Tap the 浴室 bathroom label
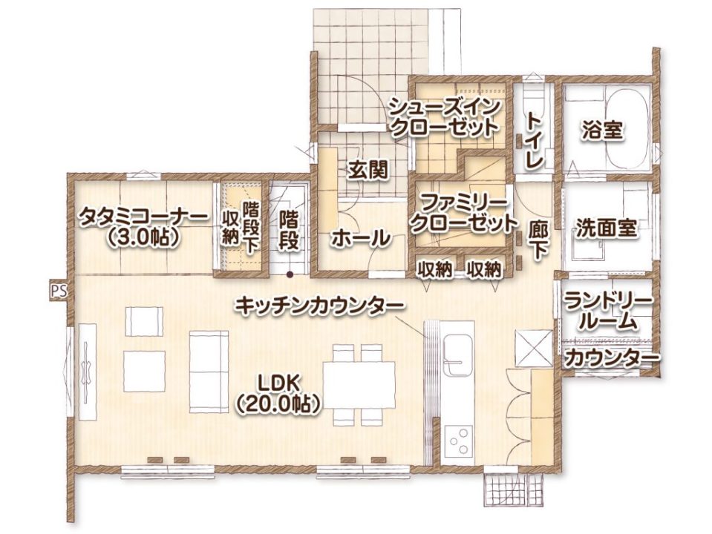602,131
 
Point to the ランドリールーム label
607,311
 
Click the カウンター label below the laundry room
611,360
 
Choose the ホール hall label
359,239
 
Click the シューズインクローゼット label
443,116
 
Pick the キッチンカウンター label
319,304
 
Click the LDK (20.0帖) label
278,393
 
